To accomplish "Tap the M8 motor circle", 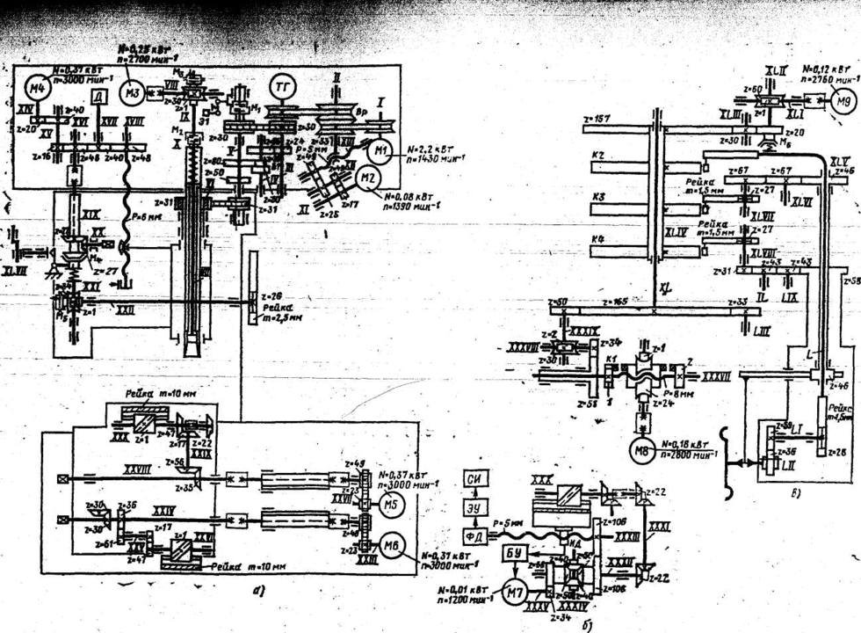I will [641, 451].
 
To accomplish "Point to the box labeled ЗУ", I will [475, 508].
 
